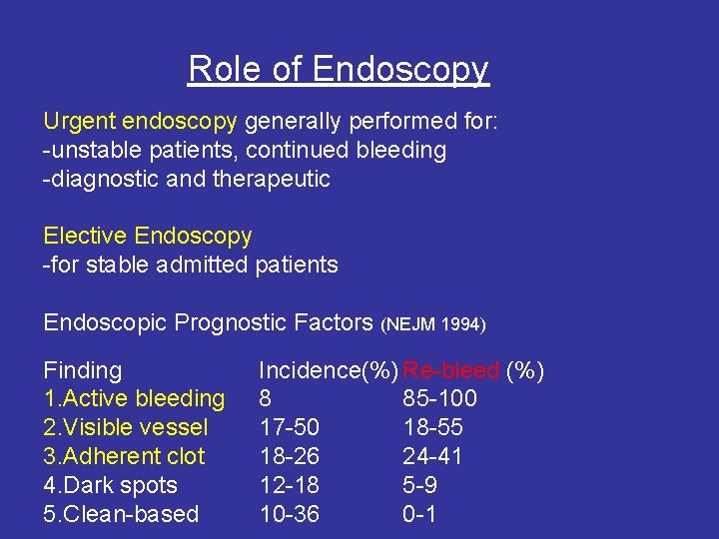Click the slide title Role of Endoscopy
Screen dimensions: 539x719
point(339,70)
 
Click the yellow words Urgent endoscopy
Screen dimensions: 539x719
point(140,122)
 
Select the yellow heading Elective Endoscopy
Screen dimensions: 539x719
point(148,237)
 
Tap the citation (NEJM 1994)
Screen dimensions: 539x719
point(433,324)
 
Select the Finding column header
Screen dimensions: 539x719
point(82,371)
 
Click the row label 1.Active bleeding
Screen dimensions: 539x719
point(134,399)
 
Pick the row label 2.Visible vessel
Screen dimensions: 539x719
point(126,428)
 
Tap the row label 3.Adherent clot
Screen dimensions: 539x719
point(124,457)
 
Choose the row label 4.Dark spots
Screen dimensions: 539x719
point(110,486)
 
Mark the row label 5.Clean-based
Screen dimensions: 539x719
point(121,515)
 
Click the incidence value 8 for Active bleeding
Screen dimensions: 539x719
point(266,399)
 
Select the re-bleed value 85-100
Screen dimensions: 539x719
point(439,399)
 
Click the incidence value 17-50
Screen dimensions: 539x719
point(289,428)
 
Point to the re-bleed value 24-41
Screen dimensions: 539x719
point(432,457)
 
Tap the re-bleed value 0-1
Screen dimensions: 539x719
point(419,515)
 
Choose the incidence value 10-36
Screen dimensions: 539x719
point(289,515)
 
